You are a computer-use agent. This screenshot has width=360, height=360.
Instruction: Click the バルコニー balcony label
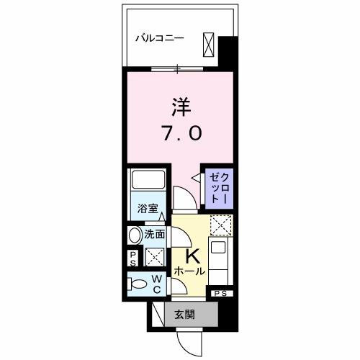161,37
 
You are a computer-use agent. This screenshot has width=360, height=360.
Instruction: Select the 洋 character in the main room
181,107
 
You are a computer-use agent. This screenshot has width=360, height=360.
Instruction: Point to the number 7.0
181,133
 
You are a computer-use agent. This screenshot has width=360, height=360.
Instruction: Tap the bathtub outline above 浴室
148,182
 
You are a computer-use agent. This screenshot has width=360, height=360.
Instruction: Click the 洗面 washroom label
155,234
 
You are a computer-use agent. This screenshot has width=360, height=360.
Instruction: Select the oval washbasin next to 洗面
135,235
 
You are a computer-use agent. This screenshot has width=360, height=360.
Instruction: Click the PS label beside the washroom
133,257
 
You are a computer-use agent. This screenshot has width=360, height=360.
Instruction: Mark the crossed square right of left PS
154,256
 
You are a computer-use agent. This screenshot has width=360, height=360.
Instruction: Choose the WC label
156,284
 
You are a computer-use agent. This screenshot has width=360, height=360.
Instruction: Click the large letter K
192,256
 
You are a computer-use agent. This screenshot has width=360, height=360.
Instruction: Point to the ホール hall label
189,271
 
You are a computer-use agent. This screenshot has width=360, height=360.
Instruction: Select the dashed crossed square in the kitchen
220,226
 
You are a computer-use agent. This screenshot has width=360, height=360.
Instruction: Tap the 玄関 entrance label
184,313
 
